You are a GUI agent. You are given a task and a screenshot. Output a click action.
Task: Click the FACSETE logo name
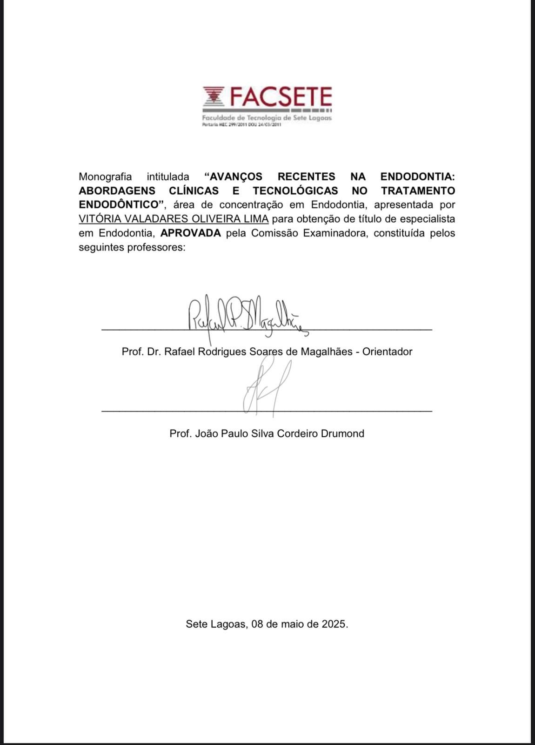(281, 97)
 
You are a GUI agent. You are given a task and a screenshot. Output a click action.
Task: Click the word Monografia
(105, 177)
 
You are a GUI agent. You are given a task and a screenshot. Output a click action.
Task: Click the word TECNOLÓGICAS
(295, 191)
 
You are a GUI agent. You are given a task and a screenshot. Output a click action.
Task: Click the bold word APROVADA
(191, 233)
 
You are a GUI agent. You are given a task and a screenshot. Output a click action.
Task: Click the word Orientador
(388, 352)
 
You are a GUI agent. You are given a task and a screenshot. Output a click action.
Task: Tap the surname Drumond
(342, 433)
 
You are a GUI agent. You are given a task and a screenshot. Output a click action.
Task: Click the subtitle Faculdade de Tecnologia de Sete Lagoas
(267, 118)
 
